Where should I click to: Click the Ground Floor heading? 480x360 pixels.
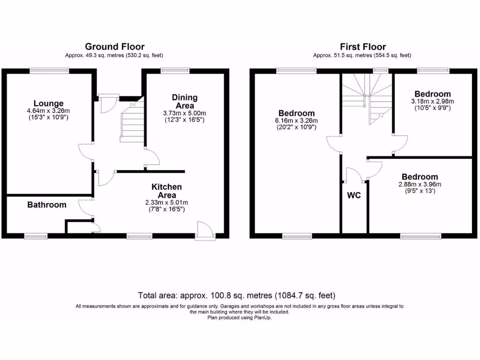114,46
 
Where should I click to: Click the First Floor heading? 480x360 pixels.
363,46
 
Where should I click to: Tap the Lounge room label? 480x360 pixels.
48,103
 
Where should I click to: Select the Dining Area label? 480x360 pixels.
185,102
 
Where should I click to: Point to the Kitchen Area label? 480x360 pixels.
166,191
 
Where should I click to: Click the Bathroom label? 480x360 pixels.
47,205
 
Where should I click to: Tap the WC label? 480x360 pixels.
354,195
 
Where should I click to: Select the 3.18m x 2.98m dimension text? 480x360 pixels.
432,101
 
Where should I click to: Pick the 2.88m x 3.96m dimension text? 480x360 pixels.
420,184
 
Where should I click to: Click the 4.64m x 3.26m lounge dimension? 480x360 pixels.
48,111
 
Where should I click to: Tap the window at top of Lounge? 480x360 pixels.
49,70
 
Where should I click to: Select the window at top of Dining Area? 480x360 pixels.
175,70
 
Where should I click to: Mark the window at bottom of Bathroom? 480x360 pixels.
36,236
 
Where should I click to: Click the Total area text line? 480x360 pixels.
237,295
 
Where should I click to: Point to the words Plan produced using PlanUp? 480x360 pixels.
240,317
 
